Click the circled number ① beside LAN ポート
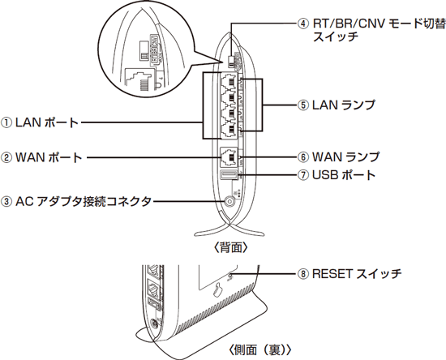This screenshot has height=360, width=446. (6, 123)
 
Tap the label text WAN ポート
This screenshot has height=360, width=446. (49, 157)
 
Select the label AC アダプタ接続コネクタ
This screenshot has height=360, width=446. (83, 201)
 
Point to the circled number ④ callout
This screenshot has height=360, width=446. (303, 24)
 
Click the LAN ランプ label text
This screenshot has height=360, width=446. (344, 105)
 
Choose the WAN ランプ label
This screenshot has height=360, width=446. (346, 156)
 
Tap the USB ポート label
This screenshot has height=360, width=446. (344, 175)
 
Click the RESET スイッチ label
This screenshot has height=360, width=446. (357, 273)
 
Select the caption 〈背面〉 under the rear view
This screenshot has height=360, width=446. (230, 248)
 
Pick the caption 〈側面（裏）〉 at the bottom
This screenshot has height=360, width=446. (259, 349)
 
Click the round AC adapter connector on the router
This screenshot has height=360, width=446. (229, 202)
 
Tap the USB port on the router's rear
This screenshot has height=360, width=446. (229, 175)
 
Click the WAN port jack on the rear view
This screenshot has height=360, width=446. (229, 157)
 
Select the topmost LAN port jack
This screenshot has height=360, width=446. (229, 81)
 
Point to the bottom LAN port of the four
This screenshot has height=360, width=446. (229, 130)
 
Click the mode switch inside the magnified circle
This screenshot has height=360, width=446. (144, 51)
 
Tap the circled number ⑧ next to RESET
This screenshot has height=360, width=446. (303, 274)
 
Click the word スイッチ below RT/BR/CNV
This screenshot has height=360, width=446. (336, 37)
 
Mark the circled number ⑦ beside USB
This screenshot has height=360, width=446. (303, 175)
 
